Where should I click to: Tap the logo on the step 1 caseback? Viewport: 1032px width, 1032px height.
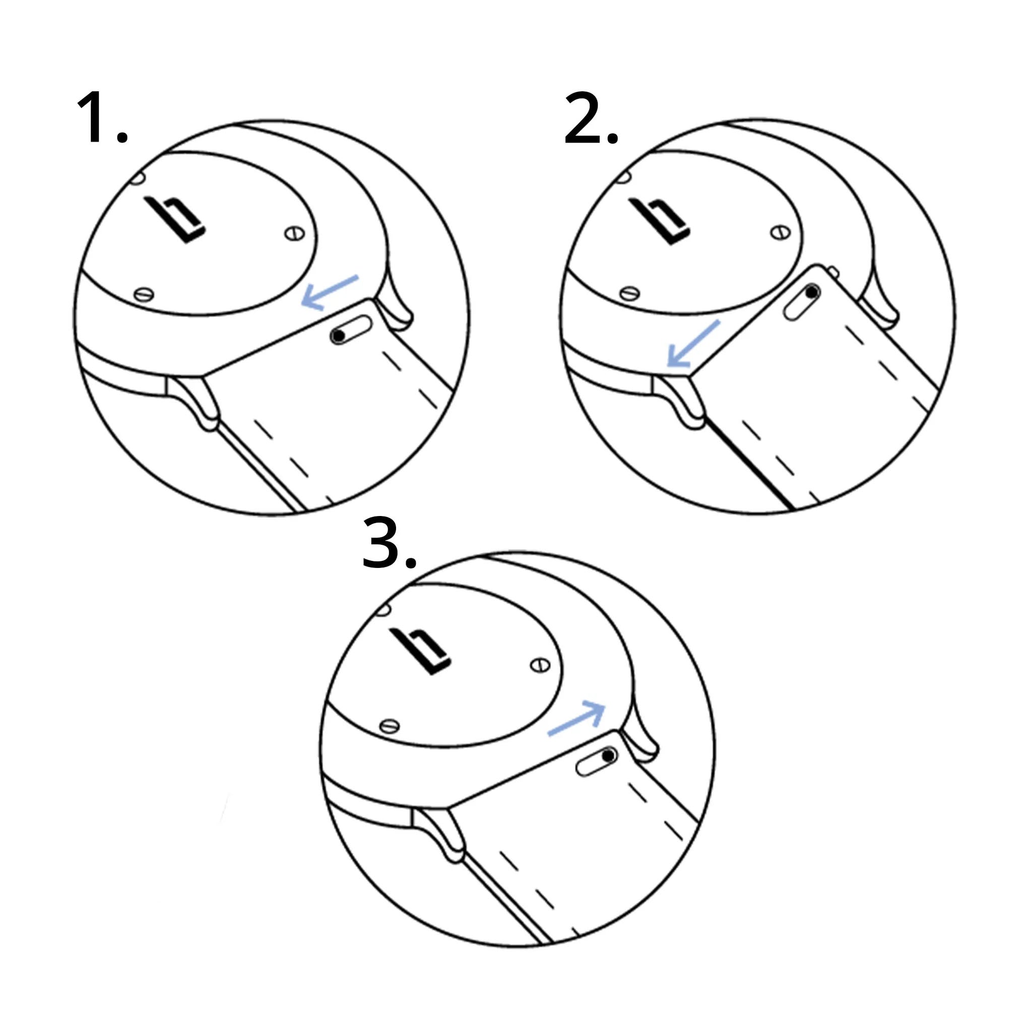click(175, 220)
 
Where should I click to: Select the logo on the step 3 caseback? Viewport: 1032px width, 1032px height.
click(420, 651)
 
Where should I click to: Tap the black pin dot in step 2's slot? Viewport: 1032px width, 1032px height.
click(811, 292)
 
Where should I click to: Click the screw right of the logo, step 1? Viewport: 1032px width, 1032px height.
click(294, 233)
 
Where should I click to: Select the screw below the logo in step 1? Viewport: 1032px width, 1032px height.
click(143, 294)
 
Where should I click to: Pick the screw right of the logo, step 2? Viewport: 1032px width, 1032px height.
click(781, 232)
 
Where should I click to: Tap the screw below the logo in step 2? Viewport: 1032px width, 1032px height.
click(629, 293)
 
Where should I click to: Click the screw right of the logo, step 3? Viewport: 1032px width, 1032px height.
click(540, 665)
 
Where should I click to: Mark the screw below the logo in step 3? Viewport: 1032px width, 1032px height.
click(389, 726)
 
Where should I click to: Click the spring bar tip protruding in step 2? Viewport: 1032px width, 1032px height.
click(833, 273)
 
